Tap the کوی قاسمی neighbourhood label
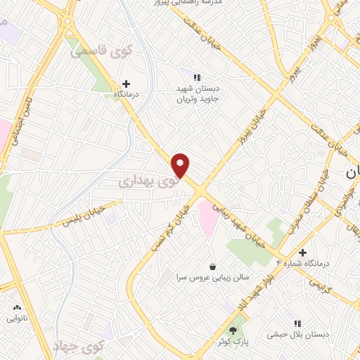(x=96, y=49)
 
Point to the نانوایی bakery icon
(x=17, y=307)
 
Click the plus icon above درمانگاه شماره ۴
(x=302, y=252)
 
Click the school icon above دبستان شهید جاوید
(x=198, y=77)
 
